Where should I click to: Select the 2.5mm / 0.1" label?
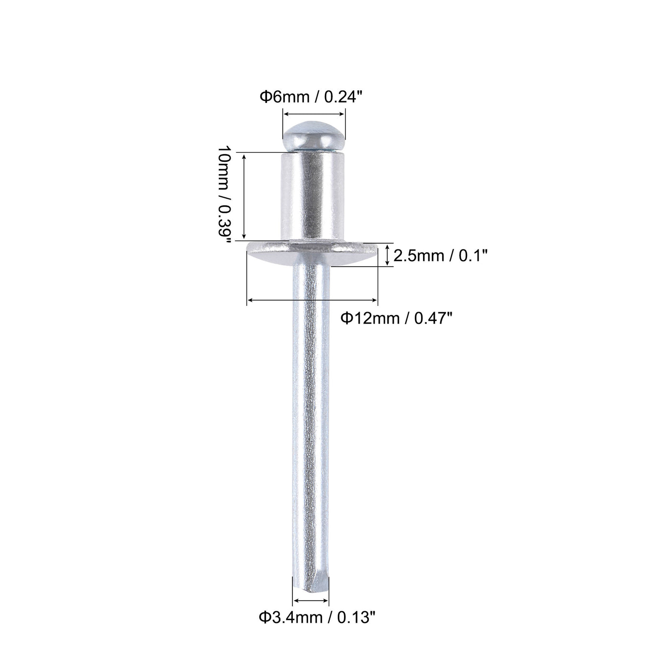(x=440, y=257)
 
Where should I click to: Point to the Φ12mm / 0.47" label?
(x=396, y=317)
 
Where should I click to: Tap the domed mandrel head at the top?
(x=313, y=136)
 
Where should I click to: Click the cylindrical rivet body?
(x=313, y=196)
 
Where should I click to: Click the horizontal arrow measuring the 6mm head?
(x=313, y=114)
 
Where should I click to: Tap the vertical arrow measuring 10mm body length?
(x=245, y=196)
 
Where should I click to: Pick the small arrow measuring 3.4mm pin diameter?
(x=311, y=600)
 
